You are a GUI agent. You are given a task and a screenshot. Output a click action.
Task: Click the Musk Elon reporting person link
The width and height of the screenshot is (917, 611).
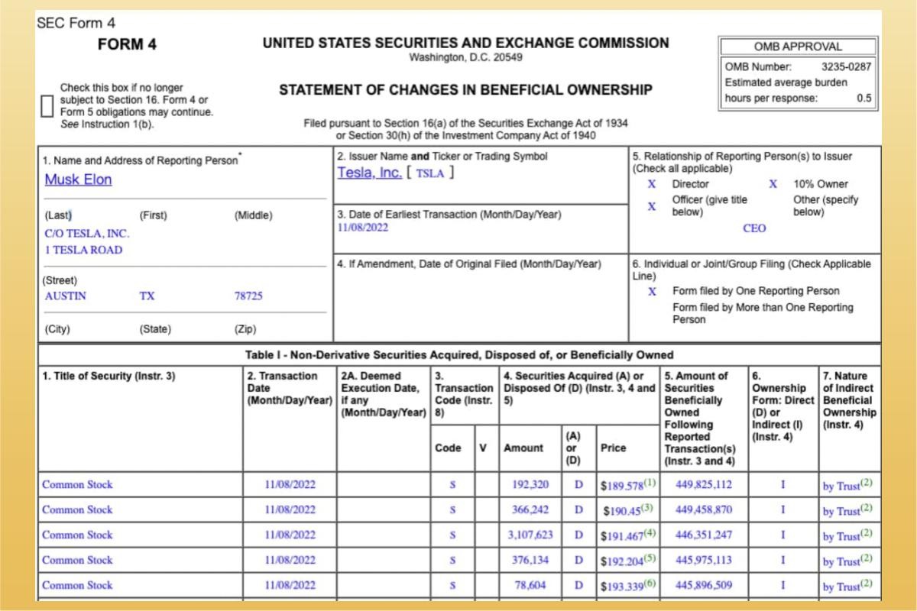point(78,179)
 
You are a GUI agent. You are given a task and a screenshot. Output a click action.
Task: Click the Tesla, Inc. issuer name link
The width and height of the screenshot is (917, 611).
point(369,173)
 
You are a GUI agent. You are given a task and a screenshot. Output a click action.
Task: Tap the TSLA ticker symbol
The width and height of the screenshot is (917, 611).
point(429,173)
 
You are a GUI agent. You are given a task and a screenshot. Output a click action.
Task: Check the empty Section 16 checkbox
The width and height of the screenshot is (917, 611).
point(47,106)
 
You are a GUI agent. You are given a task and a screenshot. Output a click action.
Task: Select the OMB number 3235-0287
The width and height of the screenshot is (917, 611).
point(846,66)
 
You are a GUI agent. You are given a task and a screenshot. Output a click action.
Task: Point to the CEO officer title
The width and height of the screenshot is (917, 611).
point(753,228)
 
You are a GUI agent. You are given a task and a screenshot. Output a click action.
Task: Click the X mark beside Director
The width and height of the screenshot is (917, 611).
point(652,184)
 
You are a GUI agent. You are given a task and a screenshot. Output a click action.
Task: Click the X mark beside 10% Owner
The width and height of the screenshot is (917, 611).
point(773,184)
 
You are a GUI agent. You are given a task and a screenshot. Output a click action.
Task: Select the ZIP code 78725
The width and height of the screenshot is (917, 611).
point(248,296)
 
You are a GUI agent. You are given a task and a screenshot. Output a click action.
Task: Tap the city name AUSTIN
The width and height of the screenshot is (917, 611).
point(66,296)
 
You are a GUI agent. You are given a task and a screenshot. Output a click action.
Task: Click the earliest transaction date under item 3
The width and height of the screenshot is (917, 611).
point(363,228)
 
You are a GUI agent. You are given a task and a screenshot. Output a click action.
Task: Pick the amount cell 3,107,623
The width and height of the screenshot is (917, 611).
point(530,535)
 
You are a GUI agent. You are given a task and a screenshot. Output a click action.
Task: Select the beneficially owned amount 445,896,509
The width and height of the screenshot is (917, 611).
point(703,586)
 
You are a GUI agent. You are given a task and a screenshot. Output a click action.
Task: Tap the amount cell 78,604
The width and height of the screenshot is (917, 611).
point(530,586)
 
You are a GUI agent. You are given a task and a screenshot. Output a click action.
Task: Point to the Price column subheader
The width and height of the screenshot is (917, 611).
point(613,448)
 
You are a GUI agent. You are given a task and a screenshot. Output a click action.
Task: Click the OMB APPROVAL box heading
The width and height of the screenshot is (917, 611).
point(797,47)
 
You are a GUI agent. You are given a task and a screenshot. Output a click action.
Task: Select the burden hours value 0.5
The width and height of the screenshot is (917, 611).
point(864,98)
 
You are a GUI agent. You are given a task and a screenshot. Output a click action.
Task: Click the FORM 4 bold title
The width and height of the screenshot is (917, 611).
point(127,44)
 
